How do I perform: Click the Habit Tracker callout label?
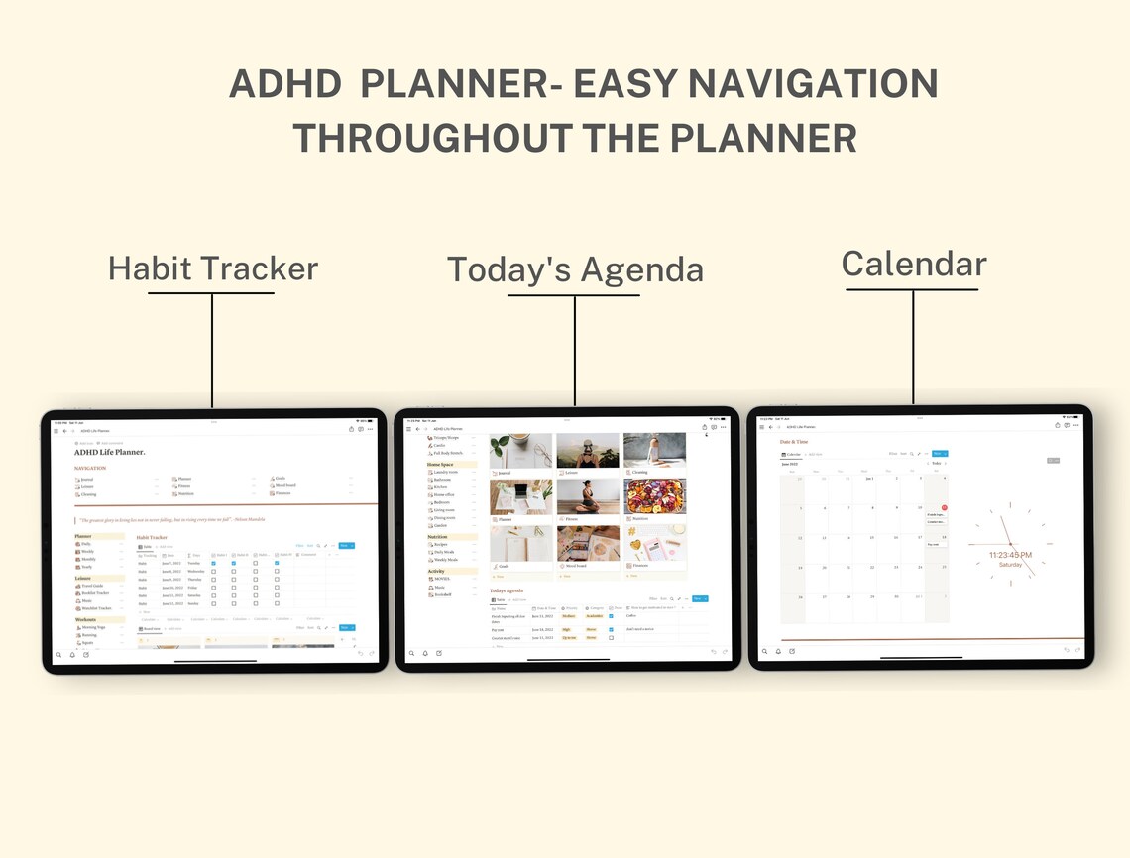(212, 268)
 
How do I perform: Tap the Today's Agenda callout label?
(575, 270)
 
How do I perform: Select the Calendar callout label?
(913, 265)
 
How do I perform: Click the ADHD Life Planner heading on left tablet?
(110, 452)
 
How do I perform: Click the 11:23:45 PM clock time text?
(1010, 555)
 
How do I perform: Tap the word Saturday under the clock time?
(1010, 565)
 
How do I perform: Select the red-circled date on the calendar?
(944, 507)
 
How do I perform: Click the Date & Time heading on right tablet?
(794, 442)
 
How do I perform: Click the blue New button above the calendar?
(939, 453)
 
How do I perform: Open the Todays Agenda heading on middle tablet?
(507, 590)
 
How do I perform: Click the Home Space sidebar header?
(441, 464)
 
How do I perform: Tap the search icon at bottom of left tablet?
(58, 654)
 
